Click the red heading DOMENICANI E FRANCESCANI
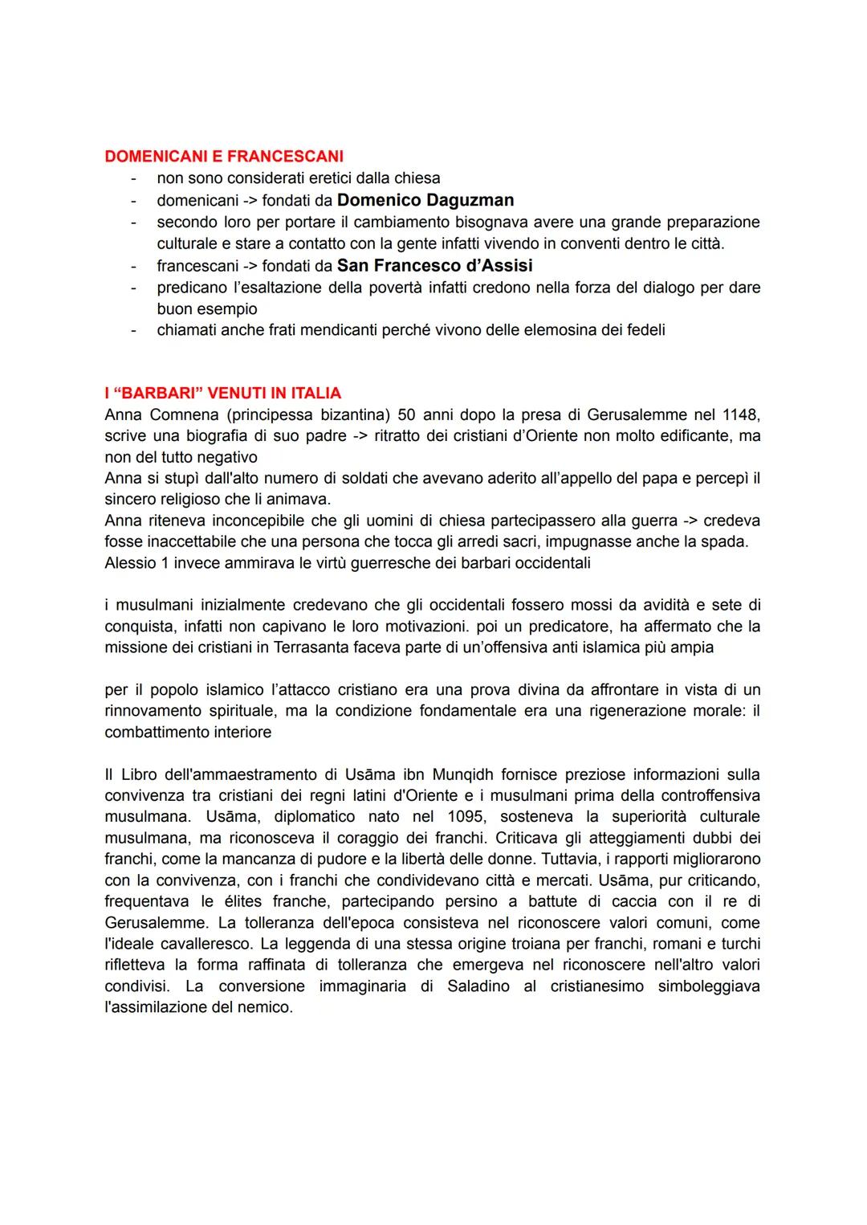(x=224, y=156)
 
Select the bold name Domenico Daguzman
(x=425, y=200)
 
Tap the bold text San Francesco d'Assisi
(x=434, y=265)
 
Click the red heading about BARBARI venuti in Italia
(x=222, y=393)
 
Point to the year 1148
(x=741, y=414)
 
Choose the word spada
(x=726, y=541)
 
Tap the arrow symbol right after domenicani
(x=245, y=200)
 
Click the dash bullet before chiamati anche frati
(x=134, y=329)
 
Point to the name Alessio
(x=129, y=562)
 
